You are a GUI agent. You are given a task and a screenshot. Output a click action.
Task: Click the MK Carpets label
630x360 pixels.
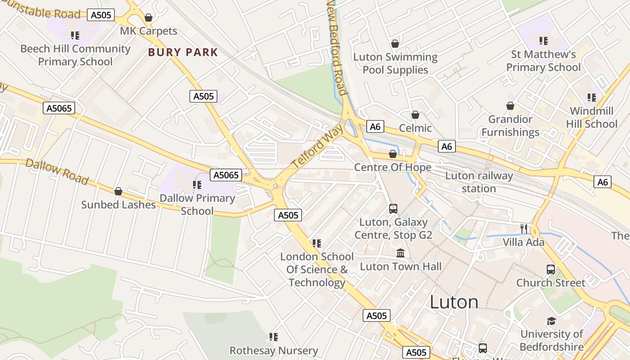pos(148,31)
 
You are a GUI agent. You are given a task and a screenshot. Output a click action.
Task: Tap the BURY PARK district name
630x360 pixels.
pos(183,52)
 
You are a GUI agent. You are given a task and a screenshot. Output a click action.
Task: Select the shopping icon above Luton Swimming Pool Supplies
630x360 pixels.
pos(395,44)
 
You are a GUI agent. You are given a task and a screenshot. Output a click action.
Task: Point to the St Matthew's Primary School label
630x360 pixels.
pos(544,61)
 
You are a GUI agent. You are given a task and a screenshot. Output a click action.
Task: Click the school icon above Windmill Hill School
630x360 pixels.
pos(592,98)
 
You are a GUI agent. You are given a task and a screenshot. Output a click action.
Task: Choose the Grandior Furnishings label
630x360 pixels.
pos(510,126)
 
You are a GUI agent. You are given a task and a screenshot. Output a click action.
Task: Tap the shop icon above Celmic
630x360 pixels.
pos(415,115)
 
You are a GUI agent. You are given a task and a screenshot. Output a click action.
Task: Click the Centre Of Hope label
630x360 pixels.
pos(393,167)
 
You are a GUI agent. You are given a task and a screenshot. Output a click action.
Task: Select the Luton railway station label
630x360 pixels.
pos(479,182)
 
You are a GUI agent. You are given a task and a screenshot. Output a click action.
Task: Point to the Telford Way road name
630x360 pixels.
pos(317,147)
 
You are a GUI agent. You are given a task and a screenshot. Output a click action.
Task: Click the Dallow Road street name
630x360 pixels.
pos(57,171)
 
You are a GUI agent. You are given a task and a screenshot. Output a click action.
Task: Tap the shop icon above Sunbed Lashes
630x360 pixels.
pos(118,192)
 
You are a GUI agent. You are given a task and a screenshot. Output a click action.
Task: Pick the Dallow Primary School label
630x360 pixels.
pos(197,204)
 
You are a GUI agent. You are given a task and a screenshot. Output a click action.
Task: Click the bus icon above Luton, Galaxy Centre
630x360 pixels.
pos(393,209)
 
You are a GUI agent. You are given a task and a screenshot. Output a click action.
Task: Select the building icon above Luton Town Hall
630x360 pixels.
pos(400,253)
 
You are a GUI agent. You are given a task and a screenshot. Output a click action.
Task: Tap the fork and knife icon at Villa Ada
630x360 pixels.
pos(523,229)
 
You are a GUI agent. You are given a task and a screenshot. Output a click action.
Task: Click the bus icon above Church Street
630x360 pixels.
pos(551,270)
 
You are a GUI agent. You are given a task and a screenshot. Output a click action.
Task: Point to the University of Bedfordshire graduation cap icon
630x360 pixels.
pos(551,321)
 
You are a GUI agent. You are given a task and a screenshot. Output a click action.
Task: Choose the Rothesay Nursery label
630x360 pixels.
pos(274,351)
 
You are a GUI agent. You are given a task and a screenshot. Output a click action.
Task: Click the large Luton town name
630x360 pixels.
pos(454,301)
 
